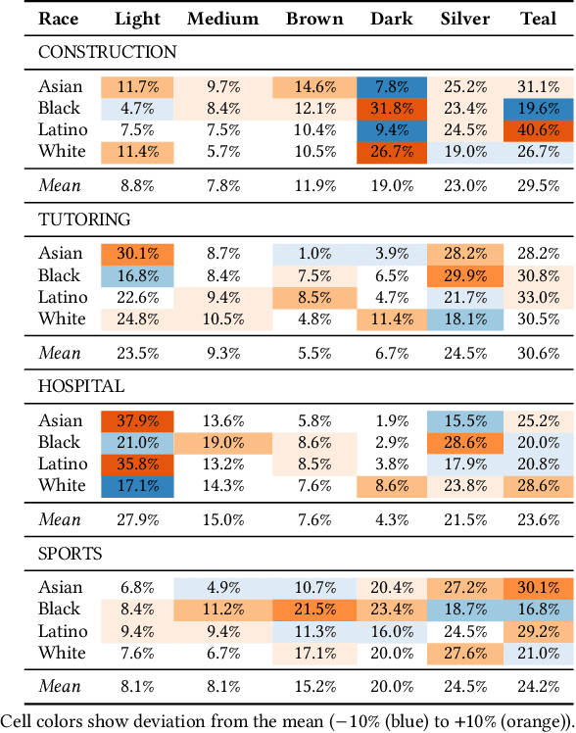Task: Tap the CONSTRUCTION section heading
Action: coord(108,53)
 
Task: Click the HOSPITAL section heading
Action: coord(81,386)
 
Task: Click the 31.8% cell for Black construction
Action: coord(392,108)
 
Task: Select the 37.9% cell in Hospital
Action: coord(138,420)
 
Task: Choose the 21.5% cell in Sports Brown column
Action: coord(315,609)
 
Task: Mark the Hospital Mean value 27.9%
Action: coord(138,518)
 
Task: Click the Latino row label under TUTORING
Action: coord(64,297)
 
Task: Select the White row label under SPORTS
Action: coord(62,653)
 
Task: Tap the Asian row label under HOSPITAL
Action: coord(61,420)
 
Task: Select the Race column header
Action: coord(58,19)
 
